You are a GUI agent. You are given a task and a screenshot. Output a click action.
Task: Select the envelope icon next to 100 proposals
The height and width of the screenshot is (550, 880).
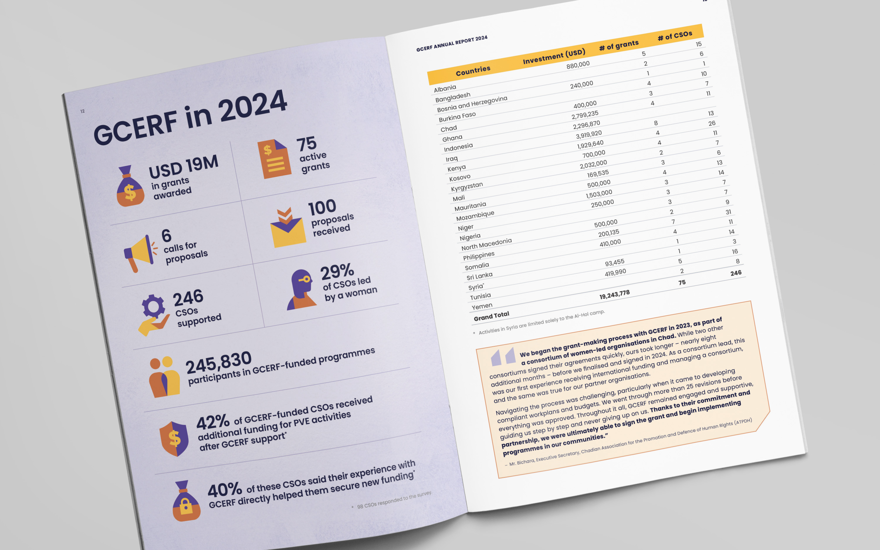[287, 229]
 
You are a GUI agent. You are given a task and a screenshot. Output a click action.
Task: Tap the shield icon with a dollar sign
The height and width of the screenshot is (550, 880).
[174, 438]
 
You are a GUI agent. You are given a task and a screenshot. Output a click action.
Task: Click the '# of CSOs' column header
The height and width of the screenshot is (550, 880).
[675, 35]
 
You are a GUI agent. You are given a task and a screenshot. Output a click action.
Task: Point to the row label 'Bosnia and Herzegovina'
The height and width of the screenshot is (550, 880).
[472, 104]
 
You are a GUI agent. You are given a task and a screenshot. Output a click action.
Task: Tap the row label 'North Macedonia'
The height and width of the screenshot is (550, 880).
[486, 244]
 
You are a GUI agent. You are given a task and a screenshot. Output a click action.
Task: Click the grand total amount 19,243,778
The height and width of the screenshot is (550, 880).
[614, 295]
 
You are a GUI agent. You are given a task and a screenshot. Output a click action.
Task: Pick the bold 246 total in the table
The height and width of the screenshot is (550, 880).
[736, 273]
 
